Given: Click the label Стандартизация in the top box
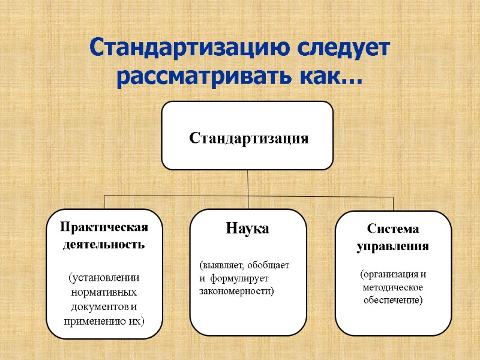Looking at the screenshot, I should (248, 139).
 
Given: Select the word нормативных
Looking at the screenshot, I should (104, 292).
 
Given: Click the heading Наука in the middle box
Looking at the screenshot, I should (247, 229).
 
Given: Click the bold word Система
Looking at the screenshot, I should (393, 230).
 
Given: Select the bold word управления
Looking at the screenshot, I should (393, 246).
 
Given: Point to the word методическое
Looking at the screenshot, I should (393, 287).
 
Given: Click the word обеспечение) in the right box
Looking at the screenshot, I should (393, 299).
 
